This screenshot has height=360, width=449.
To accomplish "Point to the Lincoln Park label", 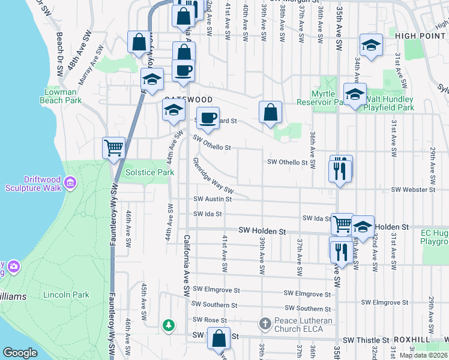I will (x=66, y=295).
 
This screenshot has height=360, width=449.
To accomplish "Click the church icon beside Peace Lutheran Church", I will (x=265, y=324).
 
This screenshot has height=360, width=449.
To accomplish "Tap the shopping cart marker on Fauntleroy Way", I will (x=113, y=148).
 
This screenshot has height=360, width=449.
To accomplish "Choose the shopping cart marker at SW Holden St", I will (x=342, y=224).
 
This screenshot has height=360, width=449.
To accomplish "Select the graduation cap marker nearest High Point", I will (x=371, y=46).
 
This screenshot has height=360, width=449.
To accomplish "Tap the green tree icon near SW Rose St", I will (x=170, y=326).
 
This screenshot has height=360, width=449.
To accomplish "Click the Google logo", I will (x=20, y=353).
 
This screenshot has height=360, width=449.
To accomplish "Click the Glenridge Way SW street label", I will (x=212, y=178).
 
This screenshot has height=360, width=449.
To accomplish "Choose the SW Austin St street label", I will (x=212, y=199).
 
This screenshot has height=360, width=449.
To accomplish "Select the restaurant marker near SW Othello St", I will (x=340, y=170).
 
